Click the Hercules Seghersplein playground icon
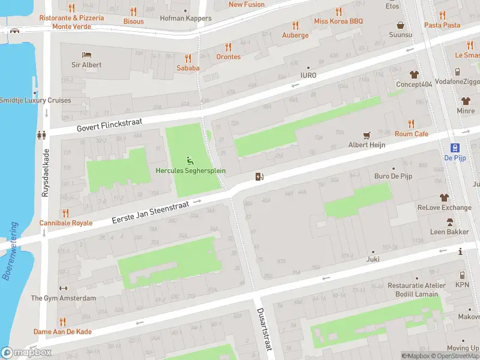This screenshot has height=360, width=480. (190, 160)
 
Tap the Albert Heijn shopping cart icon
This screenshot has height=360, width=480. (367, 135)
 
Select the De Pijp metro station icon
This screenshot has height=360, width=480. (455, 148)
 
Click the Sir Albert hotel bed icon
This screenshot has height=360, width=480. (87, 55)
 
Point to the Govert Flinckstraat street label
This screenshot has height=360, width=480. (113, 125)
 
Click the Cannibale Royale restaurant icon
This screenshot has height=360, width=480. (66, 213)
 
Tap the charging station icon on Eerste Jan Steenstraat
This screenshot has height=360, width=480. (259, 176)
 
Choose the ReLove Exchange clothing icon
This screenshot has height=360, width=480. (445, 197)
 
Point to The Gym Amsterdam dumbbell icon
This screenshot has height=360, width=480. (63, 288)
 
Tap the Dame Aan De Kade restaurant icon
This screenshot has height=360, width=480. (62, 322)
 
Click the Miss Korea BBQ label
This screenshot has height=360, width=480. (338, 21)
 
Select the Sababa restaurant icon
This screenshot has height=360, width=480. (188, 58)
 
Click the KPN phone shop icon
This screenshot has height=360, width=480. (462, 275)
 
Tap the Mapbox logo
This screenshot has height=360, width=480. (26, 352)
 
